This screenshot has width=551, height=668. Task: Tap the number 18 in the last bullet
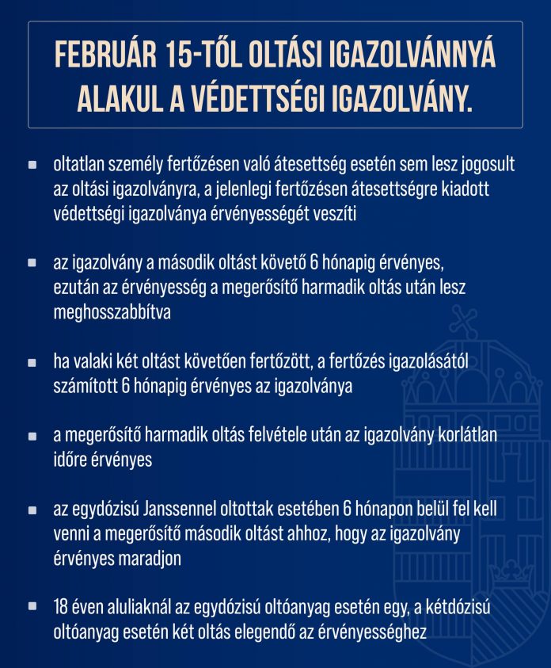point(60,608)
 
